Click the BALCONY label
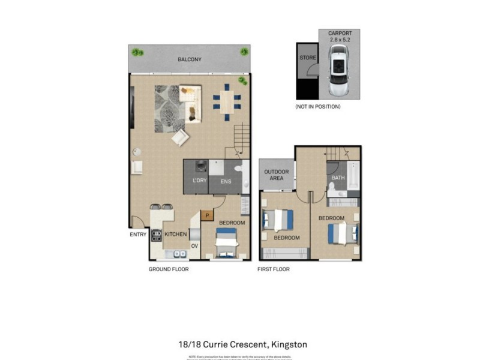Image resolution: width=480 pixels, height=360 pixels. pos(189,59)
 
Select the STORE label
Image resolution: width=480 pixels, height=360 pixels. pos(308,58)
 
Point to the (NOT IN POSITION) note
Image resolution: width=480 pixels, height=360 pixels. pos(318,107)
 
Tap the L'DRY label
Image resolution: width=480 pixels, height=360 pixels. pos(199,181)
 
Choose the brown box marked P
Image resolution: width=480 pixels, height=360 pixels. pos(207,215)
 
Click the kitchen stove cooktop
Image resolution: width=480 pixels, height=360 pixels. pos(157,235)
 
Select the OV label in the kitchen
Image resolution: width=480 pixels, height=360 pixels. pos(194,246)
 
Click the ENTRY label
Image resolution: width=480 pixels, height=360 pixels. pos(138,235)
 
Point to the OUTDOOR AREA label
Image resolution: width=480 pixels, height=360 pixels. pos(277,175)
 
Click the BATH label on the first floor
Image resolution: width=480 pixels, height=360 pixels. pos(338,178)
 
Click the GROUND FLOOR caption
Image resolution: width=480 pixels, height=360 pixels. pos(169,269)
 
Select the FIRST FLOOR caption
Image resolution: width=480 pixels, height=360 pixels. pos(274,269)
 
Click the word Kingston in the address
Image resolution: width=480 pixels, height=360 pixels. pos(289,344)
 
